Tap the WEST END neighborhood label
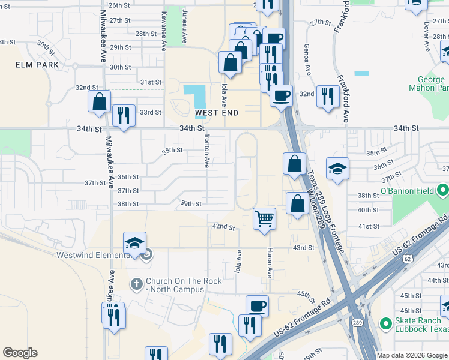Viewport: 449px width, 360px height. [x=217, y=113]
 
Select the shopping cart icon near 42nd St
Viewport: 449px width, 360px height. [x=264, y=218]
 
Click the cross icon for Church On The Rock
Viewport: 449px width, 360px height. [x=137, y=283]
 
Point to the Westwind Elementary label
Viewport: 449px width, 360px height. [x=94, y=255]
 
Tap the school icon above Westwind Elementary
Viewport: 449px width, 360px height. [x=135, y=243]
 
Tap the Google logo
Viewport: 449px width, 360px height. [x=20, y=353]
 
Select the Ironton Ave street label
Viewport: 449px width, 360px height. [x=205, y=152]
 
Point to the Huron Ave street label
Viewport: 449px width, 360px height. [x=270, y=263]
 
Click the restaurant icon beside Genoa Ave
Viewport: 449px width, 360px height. [x=327, y=95]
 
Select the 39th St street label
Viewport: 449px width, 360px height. [x=191, y=203]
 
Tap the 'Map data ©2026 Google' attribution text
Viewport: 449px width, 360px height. [x=412, y=355]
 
